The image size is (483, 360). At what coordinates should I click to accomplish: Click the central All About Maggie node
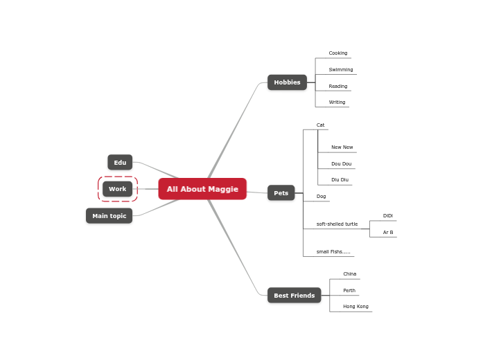[x=202, y=189]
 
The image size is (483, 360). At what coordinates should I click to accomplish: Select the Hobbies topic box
[x=287, y=82]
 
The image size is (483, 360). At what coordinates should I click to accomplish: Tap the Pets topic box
[x=281, y=193]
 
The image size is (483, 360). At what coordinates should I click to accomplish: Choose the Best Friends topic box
[x=294, y=296]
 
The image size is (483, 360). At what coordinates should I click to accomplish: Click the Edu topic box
[x=120, y=163]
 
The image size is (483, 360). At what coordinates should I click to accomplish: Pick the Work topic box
[x=118, y=189]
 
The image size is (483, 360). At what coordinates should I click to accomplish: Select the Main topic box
[x=109, y=216]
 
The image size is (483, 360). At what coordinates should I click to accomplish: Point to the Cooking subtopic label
[x=338, y=53]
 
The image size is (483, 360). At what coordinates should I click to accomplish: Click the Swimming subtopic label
[x=341, y=70]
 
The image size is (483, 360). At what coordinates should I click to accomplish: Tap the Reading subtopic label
[x=338, y=87]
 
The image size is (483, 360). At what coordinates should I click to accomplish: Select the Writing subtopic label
[x=337, y=102]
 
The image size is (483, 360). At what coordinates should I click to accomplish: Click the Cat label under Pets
[x=320, y=125]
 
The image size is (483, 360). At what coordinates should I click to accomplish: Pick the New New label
[x=342, y=147]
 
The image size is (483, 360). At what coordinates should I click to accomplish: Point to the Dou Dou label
[x=341, y=164]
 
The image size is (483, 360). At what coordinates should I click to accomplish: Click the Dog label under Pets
[x=321, y=197]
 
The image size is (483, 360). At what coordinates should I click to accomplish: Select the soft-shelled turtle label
[x=337, y=224]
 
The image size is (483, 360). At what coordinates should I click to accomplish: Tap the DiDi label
[x=388, y=216]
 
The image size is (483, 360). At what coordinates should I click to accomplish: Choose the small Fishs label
[x=333, y=252]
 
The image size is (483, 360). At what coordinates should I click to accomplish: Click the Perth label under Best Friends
[x=349, y=291]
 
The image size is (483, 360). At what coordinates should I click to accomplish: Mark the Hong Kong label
[x=355, y=307]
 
